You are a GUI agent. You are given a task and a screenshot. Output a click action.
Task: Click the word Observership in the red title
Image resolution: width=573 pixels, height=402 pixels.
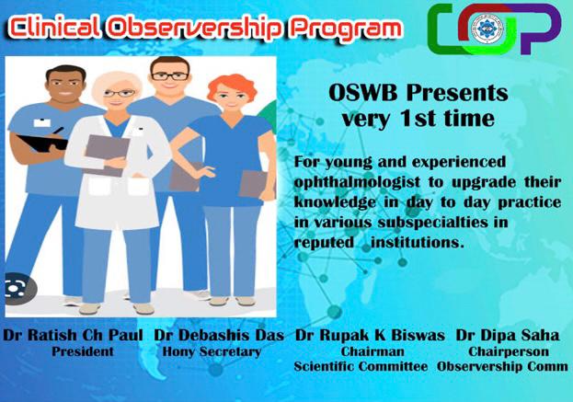pos(195,29)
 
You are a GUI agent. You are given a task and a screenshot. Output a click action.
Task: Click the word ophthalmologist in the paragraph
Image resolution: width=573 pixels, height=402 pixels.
pos(357,183)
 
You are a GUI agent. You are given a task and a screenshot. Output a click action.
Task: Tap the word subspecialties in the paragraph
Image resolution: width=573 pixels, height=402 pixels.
pos(432,223)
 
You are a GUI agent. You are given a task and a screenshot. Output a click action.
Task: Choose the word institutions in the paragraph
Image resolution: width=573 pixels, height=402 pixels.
pos(417,242)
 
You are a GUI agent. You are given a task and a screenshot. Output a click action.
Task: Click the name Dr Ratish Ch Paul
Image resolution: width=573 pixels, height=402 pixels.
pos(73,335)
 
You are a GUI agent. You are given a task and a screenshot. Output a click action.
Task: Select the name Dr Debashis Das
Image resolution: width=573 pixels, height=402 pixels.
pos(219,335)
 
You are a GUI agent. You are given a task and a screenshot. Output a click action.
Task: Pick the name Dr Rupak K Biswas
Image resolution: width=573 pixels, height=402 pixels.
pos(370,335)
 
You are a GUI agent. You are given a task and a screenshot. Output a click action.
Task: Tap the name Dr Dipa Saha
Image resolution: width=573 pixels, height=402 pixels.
pos(507,335)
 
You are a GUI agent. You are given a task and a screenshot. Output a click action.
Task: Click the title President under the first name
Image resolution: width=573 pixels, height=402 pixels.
pos(83,351)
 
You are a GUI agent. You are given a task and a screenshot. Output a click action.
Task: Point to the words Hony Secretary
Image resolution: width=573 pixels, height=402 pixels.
pos(212,351)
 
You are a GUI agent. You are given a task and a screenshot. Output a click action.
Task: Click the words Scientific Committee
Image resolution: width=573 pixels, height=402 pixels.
pos(361,366)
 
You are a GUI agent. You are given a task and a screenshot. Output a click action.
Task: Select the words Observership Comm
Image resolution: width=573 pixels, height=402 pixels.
pos(502,366)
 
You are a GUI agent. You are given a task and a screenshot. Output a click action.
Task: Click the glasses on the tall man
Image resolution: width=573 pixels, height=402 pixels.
pos(170,76)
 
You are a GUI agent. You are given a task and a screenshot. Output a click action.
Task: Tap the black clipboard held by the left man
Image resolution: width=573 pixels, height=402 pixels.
pos(42,143)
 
